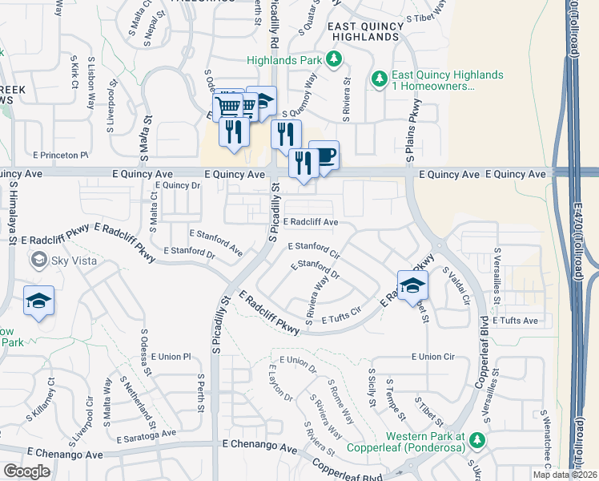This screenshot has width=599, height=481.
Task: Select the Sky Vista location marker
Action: (x=38, y=259)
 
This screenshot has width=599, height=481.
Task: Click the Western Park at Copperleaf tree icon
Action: (x=478, y=440)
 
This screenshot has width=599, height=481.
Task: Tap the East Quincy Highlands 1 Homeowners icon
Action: (x=380, y=79)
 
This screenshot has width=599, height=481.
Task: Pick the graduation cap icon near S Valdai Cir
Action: (x=412, y=285)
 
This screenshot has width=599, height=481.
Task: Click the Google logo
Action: (x=26, y=471)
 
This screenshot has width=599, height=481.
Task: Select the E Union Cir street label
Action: (x=432, y=356)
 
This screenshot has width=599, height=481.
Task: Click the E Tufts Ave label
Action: (x=516, y=321)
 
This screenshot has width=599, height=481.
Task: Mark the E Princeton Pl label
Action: (x=60, y=154)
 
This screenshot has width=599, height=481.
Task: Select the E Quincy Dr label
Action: (x=175, y=184)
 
